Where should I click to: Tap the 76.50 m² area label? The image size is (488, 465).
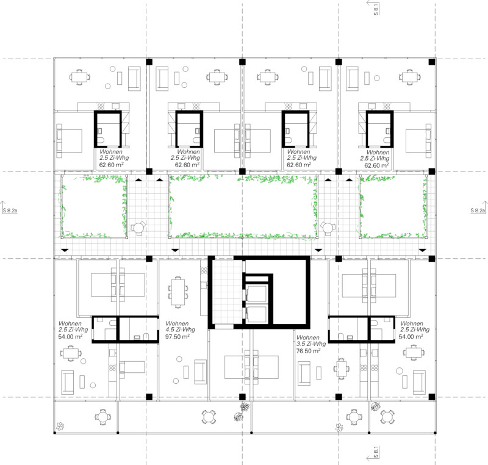click(x=309, y=351)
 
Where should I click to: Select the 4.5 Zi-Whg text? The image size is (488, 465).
click(x=180, y=330)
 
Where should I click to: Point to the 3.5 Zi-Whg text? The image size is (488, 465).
click(x=311, y=344)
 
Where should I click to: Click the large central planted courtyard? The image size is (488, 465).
click(x=243, y=207)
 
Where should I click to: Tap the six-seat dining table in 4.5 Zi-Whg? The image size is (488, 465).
click(x=178, y=292)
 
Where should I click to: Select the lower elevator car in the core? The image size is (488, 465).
click(x=257, y=314)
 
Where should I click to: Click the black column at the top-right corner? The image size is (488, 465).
click(x=432, y=62)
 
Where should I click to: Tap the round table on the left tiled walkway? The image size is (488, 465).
click(x=138, y=228)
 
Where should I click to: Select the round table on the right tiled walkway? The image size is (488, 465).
click(x=328, y=228)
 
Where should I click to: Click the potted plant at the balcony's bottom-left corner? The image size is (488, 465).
click(x=60, y=426)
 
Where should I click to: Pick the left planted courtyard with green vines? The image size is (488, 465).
click(x=94, y=207)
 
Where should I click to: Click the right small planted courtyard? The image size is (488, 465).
click(x=393, y=207)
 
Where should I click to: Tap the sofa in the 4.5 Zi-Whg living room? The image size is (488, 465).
click(x=201, y=372)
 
